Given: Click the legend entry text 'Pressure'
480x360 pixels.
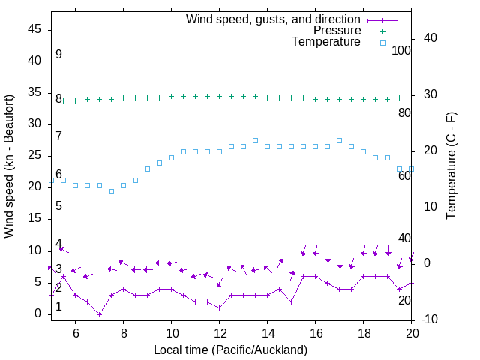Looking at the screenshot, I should click(x=337, y=31).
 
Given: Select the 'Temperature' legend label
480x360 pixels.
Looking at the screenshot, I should click(x=326, y=42).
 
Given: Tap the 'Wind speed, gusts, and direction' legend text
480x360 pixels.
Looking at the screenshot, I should click(x=274, y=19).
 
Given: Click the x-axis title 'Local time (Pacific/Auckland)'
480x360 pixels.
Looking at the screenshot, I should click(x=231, y=349).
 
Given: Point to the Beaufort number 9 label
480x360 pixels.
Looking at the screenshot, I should click(x=58, y=55).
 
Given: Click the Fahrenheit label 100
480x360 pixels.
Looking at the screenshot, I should click(x=401, y=50).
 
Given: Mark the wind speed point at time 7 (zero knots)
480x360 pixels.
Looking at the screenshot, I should click(x=99, y=314).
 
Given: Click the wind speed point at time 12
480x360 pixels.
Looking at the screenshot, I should click(x=219, y=307).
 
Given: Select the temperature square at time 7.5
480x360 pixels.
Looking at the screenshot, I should click(x=111, y=191).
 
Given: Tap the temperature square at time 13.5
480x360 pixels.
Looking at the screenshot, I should click(x=255, y=140).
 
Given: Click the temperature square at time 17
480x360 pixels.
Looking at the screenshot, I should click(x=339, y=140).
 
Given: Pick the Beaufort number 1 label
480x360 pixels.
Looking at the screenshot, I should click(x=58, y=307).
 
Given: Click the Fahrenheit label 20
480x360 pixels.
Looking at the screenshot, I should click(x=404, y=300).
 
